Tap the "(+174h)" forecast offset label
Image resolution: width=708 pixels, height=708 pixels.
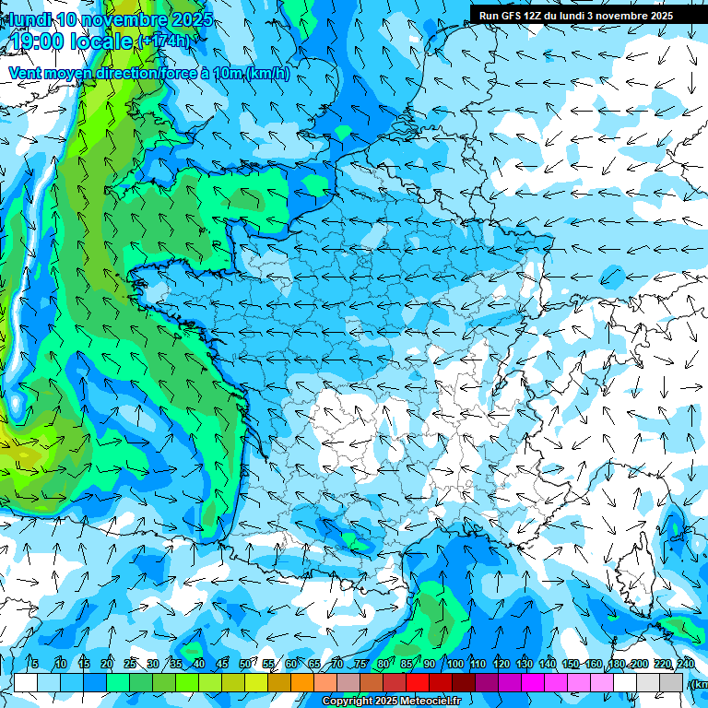tap(166, 41)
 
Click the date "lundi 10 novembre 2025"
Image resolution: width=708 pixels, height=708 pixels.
tap(111, 19)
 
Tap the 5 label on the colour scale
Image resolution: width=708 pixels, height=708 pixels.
tap(35, 665)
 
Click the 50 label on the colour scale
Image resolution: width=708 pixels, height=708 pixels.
tap(245, 665)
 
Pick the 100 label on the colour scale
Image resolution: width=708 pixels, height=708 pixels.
tap(455, 665)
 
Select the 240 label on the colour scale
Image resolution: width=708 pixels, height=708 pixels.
tap(686, 665)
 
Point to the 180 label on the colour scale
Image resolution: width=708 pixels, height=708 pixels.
tap(616, 665)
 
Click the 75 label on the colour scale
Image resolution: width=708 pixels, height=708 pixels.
tap(361, 665)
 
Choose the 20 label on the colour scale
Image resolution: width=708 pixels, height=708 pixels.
tap(107, 665)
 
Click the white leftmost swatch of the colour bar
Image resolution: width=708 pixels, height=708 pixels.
tap(26, 683)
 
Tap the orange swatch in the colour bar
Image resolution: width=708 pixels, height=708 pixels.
tap(302, 683)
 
